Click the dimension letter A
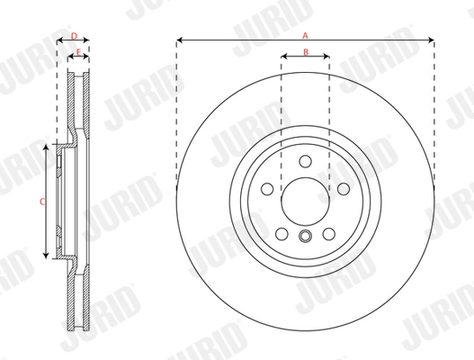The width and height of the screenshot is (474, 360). click(x=305, y=34)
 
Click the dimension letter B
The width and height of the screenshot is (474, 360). click(x=305, y=52)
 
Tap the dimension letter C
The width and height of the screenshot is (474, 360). click(x=42, y=201)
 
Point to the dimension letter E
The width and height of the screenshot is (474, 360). click(x=79, y=52)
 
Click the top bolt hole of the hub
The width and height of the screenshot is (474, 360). click(x=305, y=162)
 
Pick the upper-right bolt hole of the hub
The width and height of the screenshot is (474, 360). click(x=344, y=188)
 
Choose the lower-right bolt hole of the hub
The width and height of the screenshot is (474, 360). click(x=329, y=234)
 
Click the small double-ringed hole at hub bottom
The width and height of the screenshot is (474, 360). click(x=305, y=238)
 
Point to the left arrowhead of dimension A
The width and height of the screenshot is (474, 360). click(x=179, y=40)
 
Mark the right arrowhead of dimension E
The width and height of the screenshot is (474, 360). click(x=88, y=58)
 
